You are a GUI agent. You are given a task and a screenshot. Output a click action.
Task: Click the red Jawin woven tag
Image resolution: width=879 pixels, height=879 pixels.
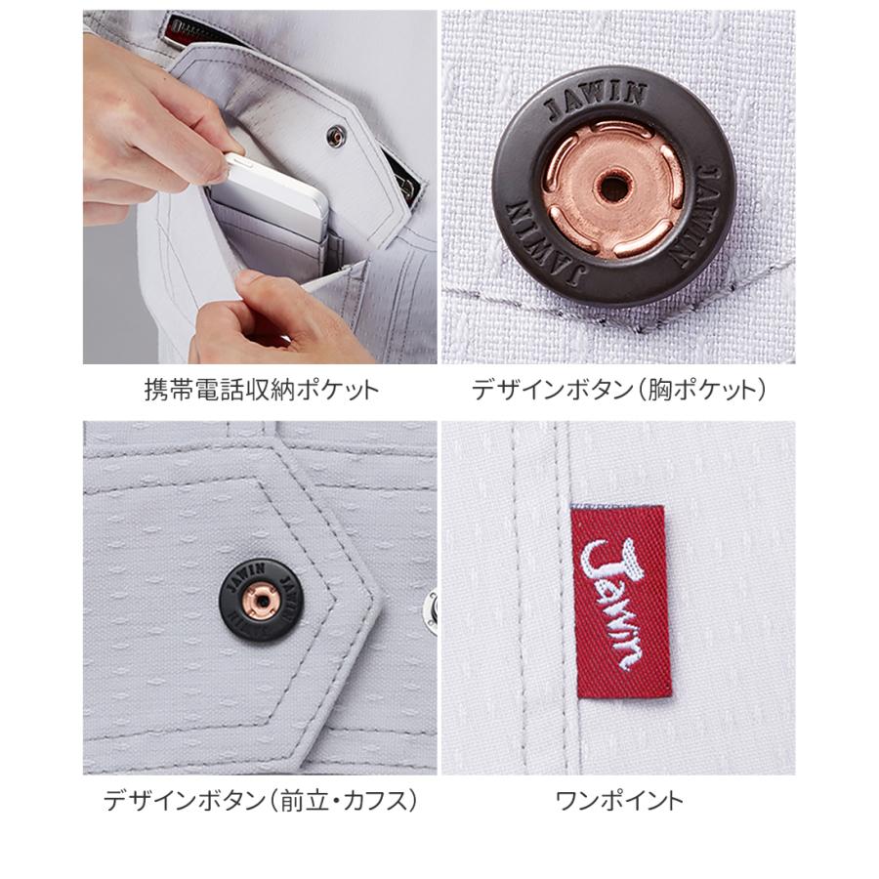[x=618, y=603]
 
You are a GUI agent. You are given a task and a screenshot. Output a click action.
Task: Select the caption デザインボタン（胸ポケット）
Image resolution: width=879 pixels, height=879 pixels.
[x=619, y=392]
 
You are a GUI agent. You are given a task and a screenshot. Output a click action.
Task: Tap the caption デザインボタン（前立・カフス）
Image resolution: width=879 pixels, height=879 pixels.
[x=261, y=802]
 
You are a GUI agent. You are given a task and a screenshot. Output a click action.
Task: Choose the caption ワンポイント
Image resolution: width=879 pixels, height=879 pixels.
[x=619, y=802]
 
